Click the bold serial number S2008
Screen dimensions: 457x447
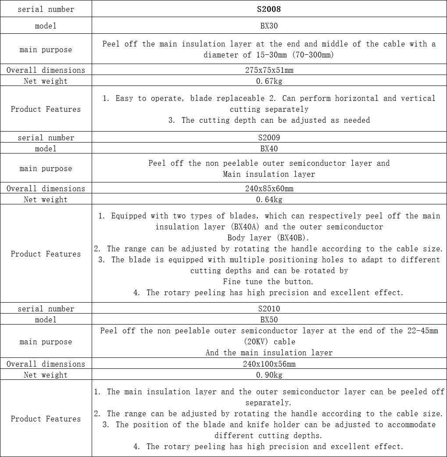pos(269,9)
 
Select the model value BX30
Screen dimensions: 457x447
pos(269,26)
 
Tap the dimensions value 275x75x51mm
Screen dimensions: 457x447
pos(269,70)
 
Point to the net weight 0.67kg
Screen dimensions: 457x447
pos(269,81)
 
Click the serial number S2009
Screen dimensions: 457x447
pos(269,138)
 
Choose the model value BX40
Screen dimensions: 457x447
pos(269,149)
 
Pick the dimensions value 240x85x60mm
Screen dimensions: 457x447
pos(269,189)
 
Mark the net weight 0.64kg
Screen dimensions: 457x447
pos(269,200)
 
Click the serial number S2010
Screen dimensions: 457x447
pos(269,309)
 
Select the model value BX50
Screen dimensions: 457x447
pos(269,320)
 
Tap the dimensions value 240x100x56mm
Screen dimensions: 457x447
pos(269,364)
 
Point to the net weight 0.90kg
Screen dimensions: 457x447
pos(269,375)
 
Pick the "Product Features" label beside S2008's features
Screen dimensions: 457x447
pos(46,109)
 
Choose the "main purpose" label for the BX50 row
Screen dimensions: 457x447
pos(46,342)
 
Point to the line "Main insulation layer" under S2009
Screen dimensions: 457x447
pos(269,174)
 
